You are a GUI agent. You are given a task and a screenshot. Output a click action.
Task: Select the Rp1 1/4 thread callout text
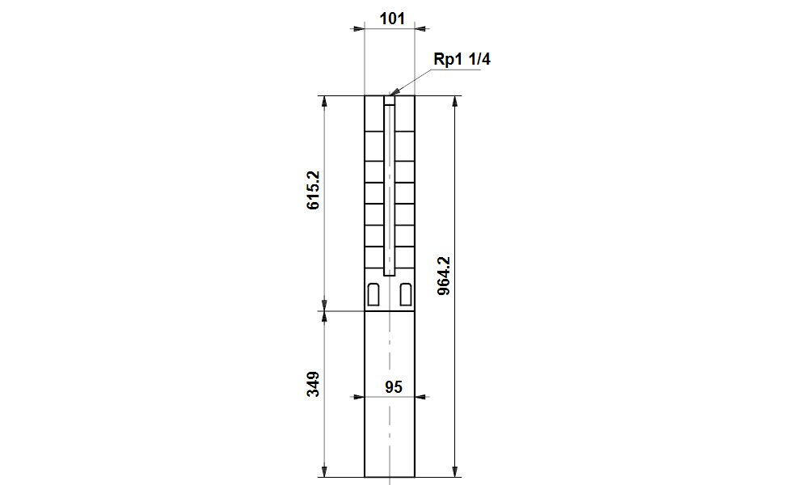pyautogui.click(x=462, y=60)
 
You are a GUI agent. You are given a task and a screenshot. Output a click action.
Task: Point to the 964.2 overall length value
pyautogui.click(x=443, y=276)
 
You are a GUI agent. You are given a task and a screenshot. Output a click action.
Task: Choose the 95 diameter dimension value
pyautogui.click(x=393, y=387)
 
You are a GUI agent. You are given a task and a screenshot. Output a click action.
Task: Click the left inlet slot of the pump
pyautogui.click(x=373, y=295)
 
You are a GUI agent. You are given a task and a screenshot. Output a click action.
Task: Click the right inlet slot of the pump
pyautogui.click(x=405, y=295)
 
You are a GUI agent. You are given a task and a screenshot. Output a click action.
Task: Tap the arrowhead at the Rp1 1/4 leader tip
pyautogui.click(x=394, y=94)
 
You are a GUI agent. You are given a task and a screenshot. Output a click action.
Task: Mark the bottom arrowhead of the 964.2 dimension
pyautogui.click(x=455, y=471)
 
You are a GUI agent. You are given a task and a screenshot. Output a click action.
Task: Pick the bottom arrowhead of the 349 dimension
pyautogui.click(x=325, y=471)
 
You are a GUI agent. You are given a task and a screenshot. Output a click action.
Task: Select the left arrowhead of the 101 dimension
pyautogui.click(x=359, y=28)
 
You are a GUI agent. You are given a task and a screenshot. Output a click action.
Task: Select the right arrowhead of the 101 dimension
pyautogui.click(x=420, y=28)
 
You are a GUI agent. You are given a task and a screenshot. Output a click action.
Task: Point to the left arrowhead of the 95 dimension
pyautogui.click(x=359, y=397)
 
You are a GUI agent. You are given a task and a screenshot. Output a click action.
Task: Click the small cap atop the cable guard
pyautogui.click(x=389, y=101)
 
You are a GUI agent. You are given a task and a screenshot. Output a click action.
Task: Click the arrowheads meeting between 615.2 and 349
pyautogui.click(x=325, y=310)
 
